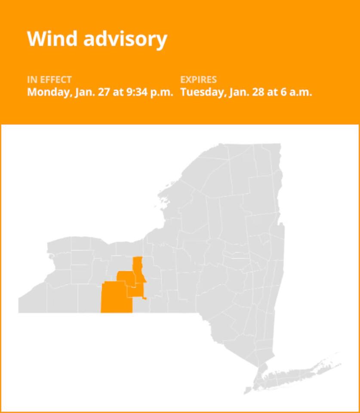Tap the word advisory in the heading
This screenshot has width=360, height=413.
coord(124,39)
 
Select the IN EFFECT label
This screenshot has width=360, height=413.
coord(49,80)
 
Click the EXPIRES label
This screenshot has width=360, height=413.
coord(198,80)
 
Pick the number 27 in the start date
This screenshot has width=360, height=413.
coord(104,92)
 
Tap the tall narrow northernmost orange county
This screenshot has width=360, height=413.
coord(138,269)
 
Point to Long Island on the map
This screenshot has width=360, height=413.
coord(301,370)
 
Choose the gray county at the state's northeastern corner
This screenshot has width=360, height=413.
coord(268,159)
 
